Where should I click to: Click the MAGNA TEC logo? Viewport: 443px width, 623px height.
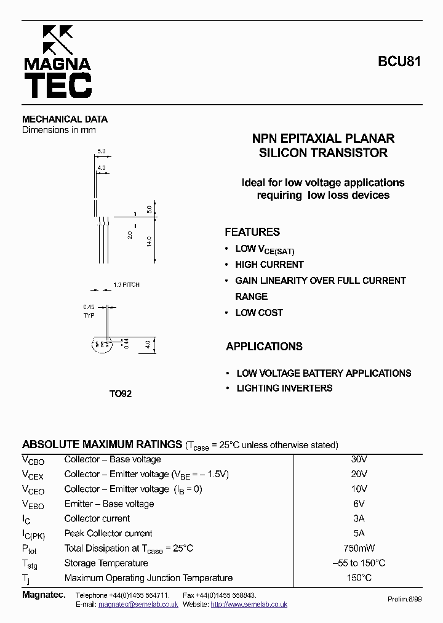tap(57, 62)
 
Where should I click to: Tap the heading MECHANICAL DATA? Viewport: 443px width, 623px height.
tap(65, 119)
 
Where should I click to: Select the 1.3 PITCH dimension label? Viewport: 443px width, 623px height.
tap(126, 285)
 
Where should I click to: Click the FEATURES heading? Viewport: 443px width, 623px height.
tap(252, 232)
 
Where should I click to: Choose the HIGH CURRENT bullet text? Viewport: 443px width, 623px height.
tap(269, 265)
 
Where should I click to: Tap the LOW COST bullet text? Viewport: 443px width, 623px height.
tap(259, 313)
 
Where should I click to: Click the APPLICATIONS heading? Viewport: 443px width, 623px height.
tap(264, 347)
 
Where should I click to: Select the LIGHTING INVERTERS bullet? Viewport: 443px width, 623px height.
tap(284, 388)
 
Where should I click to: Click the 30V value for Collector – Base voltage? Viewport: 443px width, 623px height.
tap(359, 459)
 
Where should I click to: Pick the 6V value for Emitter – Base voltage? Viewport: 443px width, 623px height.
tap(359, 504)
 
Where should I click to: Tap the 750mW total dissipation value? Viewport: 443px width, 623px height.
tap(359, 548)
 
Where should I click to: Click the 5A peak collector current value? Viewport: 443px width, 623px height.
tap(359, 533)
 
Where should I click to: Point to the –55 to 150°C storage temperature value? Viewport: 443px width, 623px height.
tap(359, 563)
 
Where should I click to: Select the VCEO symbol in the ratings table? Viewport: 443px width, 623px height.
tap(33, 490)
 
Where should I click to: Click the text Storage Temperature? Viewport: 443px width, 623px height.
tap(106, 563)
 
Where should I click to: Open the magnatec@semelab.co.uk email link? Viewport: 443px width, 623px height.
tap(138, 605)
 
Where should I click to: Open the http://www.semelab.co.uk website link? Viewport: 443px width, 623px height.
tap(249, 605)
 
